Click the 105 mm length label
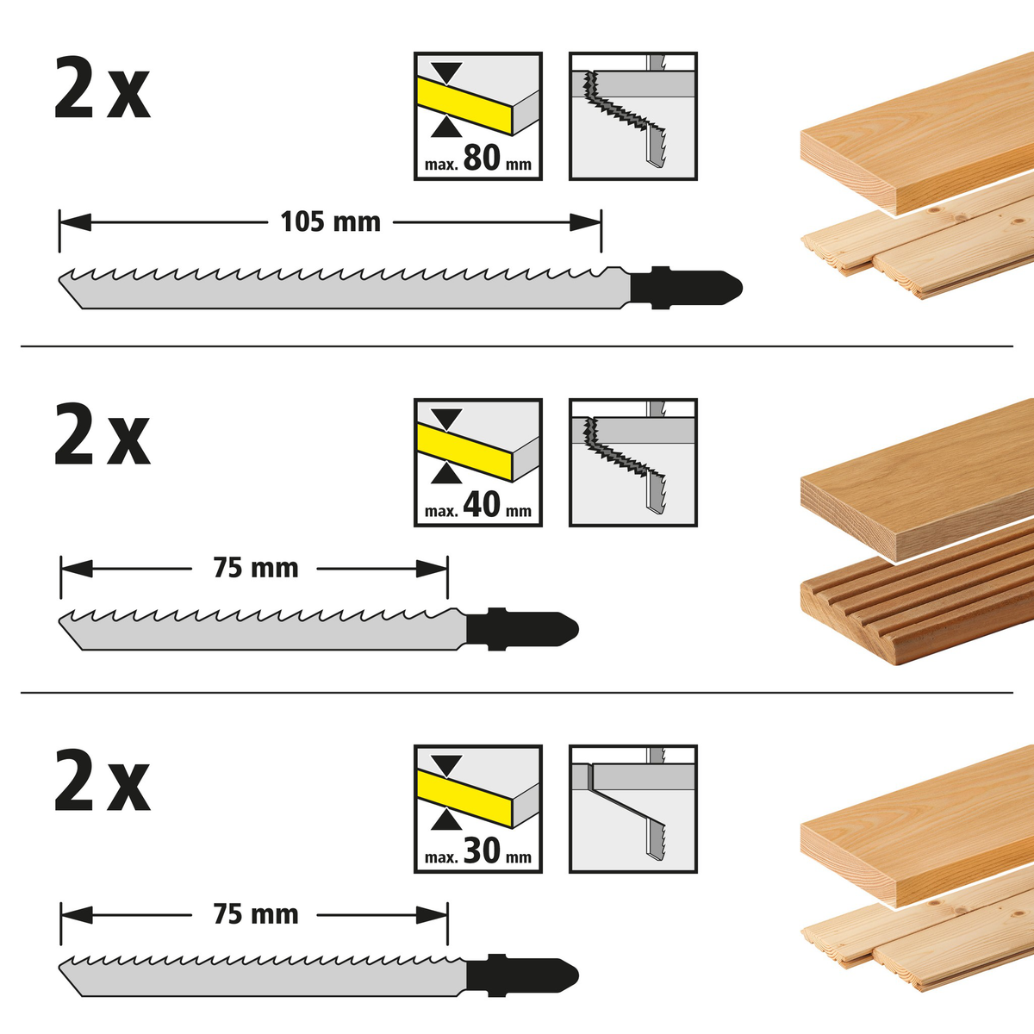pos(330,222)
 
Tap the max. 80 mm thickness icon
pos(478,116)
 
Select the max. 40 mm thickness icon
pos(478,463)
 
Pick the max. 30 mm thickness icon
pos(478,809)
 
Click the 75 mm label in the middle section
pos(255,569)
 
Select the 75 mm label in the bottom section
pos(255,914)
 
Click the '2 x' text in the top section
pos(102,90)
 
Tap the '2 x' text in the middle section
pos(102,437)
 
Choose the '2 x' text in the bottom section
pos(102,782)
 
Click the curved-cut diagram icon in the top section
pos(633,116)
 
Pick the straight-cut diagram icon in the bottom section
pos(633,809)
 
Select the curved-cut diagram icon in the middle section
pos(633,463)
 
